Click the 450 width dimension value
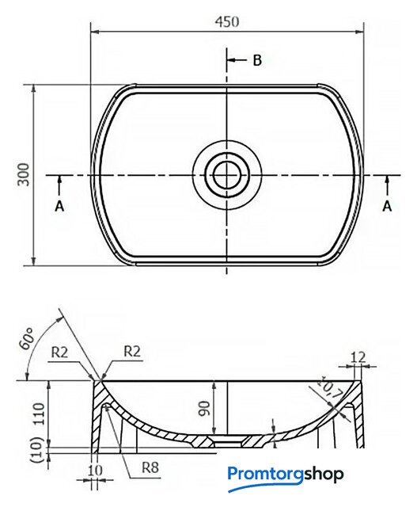click(x=227, y=22)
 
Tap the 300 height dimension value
click(x=23, y=174)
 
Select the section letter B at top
click(x=257, y=60)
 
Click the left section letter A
click(x=59, y=206)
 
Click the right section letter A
click(x=387, y=206)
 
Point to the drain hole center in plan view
click(x=227, y=175)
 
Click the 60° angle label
click(x=27, y=338)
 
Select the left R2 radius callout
click(x=60, y=353)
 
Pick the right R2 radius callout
click(x=132, y=351)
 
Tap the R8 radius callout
click(x=150, y=467)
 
